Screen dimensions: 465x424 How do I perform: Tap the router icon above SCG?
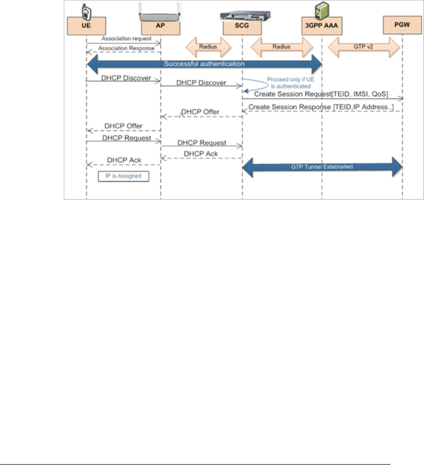point(242,15)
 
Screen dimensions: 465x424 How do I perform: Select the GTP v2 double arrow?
point(358,47)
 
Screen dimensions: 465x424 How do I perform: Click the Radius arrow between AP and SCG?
point(208,47)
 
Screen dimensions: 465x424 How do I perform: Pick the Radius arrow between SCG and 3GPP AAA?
point(281,47)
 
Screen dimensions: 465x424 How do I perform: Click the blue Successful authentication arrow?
point(204,64)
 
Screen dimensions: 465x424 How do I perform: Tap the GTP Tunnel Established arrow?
point(322,166)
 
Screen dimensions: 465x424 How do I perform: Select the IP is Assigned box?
point(123,176)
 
